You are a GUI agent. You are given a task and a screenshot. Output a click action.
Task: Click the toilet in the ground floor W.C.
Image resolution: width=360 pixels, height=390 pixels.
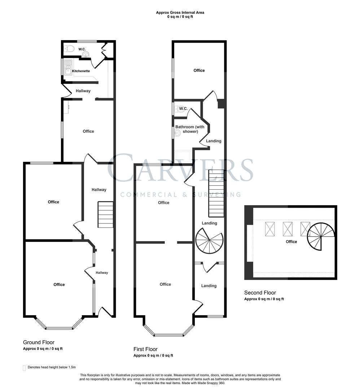[x=69, y=49]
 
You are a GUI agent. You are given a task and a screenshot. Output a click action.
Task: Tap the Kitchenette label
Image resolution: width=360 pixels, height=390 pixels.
[x=81, y=71]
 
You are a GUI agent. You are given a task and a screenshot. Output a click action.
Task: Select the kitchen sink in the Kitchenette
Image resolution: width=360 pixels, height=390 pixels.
[x=68, y=67]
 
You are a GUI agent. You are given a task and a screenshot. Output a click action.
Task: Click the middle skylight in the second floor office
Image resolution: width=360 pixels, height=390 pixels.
[x=288, y=229]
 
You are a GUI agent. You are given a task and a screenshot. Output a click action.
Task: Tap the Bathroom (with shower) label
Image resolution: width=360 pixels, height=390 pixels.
[x=190, y=129]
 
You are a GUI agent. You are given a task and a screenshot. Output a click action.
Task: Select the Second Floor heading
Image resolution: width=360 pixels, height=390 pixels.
[x=260, y=293]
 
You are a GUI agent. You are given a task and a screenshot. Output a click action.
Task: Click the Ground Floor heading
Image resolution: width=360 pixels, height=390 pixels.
[x=39, y=342]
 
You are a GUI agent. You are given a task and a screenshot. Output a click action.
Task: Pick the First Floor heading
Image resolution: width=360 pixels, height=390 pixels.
[x=145, y=349]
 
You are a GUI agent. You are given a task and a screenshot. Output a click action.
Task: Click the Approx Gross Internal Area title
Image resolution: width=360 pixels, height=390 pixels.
[x=180, y=13]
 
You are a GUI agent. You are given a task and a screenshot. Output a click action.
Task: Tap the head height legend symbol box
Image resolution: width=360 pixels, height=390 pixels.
[x=24, y=368]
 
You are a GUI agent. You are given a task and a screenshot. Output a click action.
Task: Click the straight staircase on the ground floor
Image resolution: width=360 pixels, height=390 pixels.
[x=105, y=214]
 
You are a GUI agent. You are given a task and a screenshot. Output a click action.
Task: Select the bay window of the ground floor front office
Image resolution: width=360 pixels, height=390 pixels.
[x=59, y=327]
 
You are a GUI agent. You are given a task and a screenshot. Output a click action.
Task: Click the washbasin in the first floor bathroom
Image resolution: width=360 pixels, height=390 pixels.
[x=177, y=133]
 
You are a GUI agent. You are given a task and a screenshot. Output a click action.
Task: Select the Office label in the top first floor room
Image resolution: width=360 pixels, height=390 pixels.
[x=199, y=70]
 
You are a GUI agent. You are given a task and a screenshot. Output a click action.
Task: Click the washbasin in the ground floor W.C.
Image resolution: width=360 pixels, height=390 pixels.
[x=85, y=55]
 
